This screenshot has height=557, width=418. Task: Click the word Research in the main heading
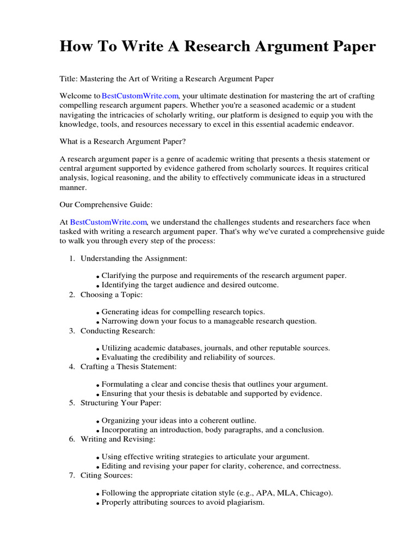coord(224,47)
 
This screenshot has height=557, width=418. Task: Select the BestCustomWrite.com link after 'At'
coord(109,222)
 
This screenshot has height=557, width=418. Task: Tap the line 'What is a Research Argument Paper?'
coord(122,141)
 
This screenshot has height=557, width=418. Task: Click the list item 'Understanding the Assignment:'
coord(134,258)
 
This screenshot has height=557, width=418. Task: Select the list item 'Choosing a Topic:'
coord(112,294)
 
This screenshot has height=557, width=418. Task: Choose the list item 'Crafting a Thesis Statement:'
coord(128,367)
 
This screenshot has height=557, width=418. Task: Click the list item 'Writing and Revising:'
coord(118,439)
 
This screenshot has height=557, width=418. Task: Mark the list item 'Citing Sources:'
coord(107,475)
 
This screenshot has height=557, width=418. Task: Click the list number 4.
coord(72,367)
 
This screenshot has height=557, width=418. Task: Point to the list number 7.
coord(72,475)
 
